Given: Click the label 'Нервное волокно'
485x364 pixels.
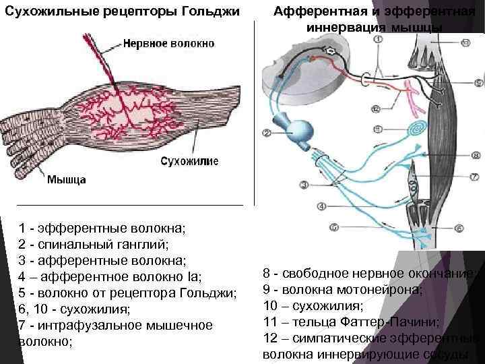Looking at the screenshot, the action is pyautogui.click(x=168, y=44).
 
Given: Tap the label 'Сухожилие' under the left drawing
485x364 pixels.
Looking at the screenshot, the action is pyautogui.click(x=189, y=162).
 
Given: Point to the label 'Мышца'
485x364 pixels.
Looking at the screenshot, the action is pyautogui.click(x=67, y=180).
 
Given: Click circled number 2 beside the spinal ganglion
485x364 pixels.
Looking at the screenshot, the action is pyautogui.click(x=266, y=133).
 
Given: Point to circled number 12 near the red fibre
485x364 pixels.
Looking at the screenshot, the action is pyautogui.click(x=376, y=108).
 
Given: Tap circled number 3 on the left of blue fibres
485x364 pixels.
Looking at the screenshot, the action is pyautogui.click(x=304, y=184).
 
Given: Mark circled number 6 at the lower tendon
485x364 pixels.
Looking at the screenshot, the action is pyautogui.click(x=459, y=229).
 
